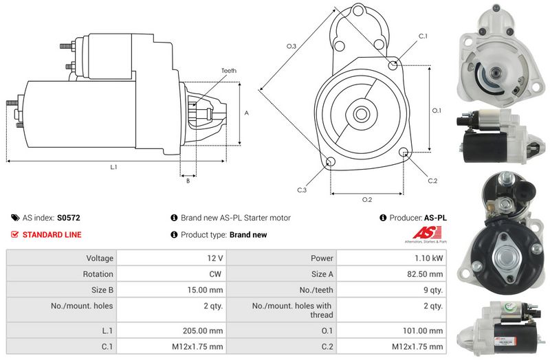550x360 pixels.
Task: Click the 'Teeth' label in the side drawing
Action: tap(229, 71)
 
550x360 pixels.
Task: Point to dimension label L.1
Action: tap(113, 167)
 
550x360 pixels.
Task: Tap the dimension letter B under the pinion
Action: tap(187, 181)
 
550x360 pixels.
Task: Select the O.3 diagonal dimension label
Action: tap(291, 46)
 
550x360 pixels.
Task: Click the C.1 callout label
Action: tap(423, 36)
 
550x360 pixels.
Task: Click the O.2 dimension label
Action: tap(366, 200)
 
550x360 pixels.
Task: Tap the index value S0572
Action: tap(69, 218)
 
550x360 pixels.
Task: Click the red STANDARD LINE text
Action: tap(52, 235)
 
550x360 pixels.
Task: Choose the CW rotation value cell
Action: tap(217, 274)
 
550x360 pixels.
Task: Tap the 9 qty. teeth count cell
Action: tap(432, 290)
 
